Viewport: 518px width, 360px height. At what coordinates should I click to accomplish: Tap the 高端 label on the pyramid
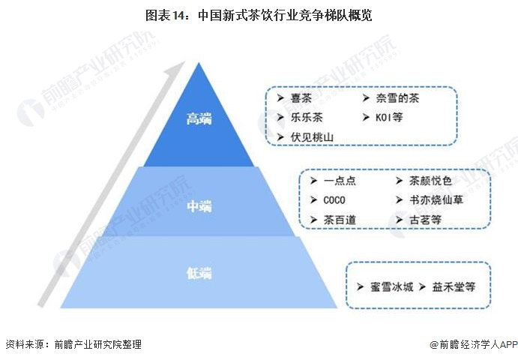[x=199, y=118]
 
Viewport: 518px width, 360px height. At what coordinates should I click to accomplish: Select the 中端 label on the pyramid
[x=199, y=205]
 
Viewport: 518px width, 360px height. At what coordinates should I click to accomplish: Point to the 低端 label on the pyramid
[x=199, y=273]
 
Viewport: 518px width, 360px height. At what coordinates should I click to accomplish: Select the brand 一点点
[x=340, y=181]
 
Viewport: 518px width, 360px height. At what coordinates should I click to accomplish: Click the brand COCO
[x=335, y=200]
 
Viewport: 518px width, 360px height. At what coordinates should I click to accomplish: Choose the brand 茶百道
[x=340, y=219]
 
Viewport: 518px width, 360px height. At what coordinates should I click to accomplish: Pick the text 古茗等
[x=425, y=219]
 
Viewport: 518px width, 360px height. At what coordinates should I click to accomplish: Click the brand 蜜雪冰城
[x=391, y=286]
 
